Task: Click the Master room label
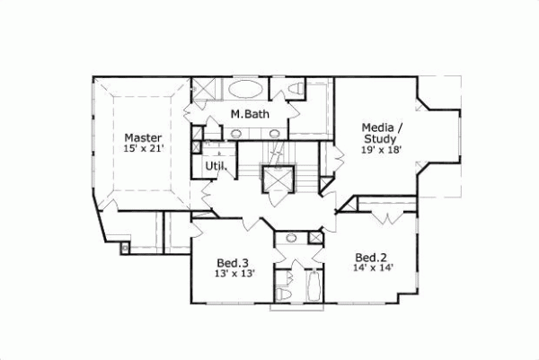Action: (x=143, y=137)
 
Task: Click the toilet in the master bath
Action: (x=294, y=89)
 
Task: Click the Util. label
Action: (x=216, y=166)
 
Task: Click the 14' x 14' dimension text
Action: (x=372, y=268)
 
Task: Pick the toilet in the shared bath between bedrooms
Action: (x=282, y=291)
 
